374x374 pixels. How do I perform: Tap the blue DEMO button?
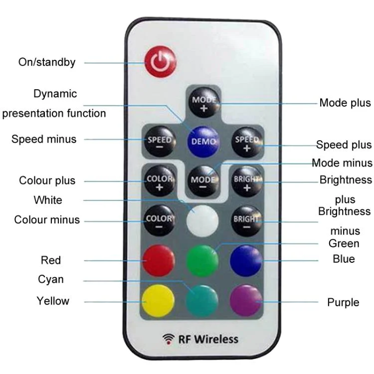203,141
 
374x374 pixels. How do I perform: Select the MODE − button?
203,181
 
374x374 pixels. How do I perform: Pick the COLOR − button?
160,220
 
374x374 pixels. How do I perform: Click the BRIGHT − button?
247,220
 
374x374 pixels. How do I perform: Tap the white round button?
203,220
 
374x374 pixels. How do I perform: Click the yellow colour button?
159,301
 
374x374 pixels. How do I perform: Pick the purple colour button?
246,301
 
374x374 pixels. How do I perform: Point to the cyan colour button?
202,301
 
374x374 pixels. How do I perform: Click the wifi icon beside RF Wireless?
168,339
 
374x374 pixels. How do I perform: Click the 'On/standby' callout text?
47,62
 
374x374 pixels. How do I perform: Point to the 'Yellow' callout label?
53,301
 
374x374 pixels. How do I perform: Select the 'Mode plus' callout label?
345,103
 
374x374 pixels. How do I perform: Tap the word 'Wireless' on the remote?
216,340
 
